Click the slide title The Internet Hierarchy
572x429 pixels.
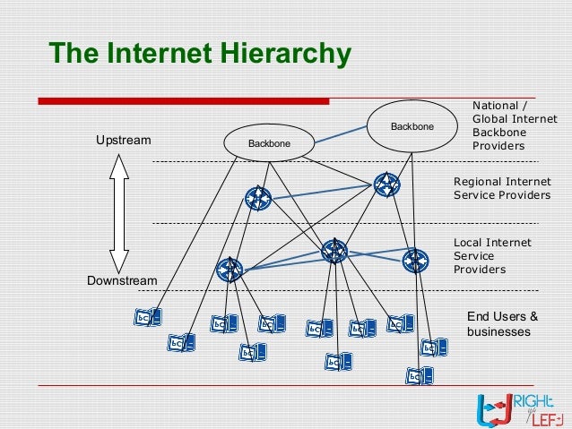(200, 54)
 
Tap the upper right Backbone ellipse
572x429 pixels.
(412, 125)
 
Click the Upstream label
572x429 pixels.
(124, 141)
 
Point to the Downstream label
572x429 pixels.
(121, 281)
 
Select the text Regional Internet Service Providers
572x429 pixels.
(501, 188)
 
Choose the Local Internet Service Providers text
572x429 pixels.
(492, 255)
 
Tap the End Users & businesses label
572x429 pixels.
(502, 323)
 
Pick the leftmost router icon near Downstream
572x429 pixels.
(230, 269)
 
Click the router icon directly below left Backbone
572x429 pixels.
(256, 197)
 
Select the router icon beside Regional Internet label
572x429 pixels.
(386, 185)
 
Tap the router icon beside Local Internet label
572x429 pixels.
(415, 261)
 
